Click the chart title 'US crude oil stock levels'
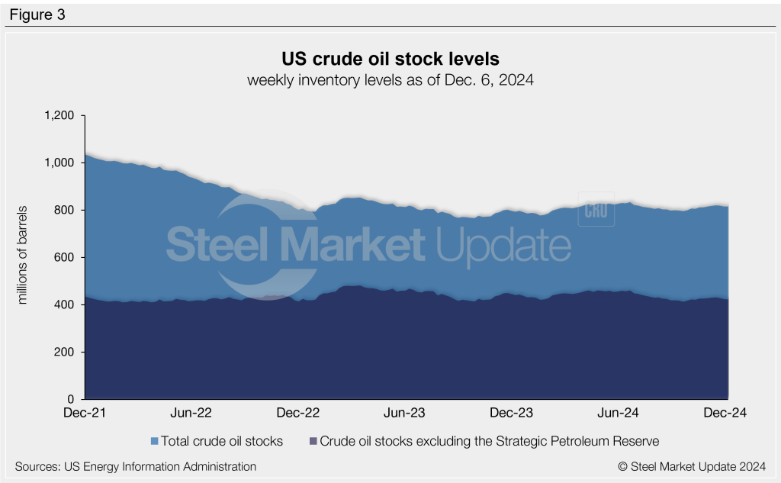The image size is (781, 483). pos(390,59)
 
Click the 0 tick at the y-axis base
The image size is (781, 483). pos(71,399)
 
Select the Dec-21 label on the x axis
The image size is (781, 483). pos(84,413)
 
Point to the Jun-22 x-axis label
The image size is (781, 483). pos(191,413)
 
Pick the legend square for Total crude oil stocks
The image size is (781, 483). pos(155,441)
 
